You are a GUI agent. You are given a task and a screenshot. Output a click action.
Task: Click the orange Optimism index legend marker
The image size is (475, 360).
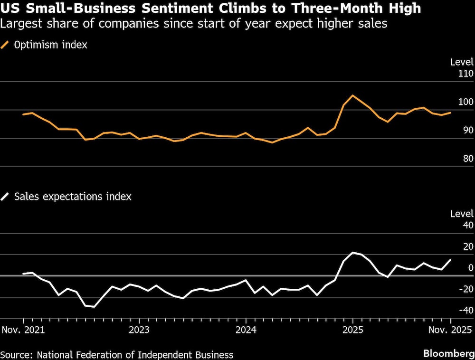pos(5,46)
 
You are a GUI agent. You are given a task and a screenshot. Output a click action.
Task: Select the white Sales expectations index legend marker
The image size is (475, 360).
pos(5,196)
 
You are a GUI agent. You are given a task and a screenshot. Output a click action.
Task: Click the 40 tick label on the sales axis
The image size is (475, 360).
pos(468,225)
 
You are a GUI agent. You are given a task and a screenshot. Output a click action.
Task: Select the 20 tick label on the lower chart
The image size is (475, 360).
pos(468,246)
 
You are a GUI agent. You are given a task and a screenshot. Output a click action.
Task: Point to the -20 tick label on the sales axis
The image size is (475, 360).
pos(466,289)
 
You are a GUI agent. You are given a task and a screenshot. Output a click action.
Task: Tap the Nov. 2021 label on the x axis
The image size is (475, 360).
pos(23,330)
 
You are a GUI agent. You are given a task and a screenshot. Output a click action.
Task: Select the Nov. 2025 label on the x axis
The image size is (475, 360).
pos(450,330)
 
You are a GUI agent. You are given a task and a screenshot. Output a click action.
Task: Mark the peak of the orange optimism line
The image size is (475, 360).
pos(352,95)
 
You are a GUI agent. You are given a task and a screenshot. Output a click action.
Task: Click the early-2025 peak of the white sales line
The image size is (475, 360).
pos(353,252)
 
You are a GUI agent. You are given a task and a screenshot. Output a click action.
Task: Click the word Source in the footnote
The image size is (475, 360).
pos(16,354)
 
